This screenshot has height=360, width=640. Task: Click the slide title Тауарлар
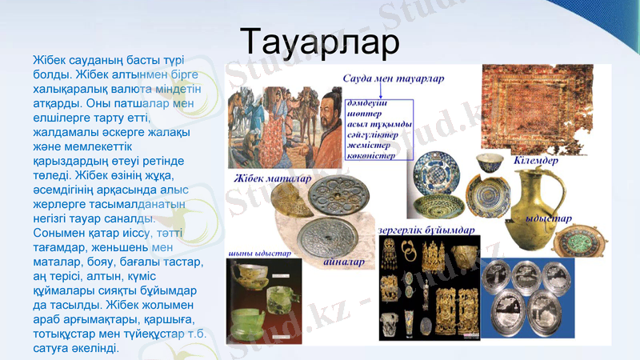click(320, 41)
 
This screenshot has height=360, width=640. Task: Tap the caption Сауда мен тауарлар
click(393, 79)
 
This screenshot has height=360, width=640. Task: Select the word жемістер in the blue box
click(369, 146)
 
